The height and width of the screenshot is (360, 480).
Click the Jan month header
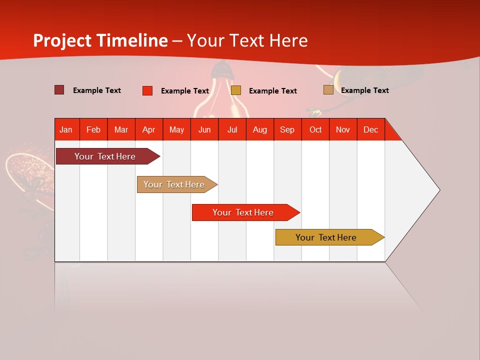tap(66, 130)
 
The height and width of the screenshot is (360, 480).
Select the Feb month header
tap(93, 130)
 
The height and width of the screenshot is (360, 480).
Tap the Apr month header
tap(149, 130)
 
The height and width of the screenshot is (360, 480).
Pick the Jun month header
tap(204, 130)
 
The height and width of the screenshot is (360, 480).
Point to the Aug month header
tap(260, 130)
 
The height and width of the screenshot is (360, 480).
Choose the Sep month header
tap(287, 130)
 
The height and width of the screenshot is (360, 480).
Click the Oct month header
tap(315, 130)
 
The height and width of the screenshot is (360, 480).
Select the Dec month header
tap(371, 130)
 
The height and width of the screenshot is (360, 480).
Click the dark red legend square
tap(59, 90)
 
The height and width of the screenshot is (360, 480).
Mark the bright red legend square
tap(147, 90)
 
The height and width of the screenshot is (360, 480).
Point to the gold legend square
tap(236, 90)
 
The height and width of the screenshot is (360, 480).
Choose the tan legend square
tap(328, 90)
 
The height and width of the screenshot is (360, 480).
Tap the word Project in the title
tap(62, 40)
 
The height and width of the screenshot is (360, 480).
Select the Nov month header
tap(343, 130)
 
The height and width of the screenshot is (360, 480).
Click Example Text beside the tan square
tap(364, 90)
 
